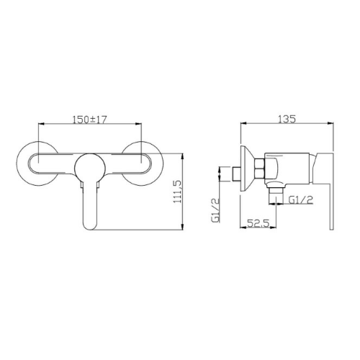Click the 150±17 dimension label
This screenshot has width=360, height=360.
click(89, 120)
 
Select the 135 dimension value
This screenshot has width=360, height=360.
click(287, 120)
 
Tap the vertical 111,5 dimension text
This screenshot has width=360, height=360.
click(178, 192)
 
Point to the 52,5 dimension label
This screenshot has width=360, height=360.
click(258, 224)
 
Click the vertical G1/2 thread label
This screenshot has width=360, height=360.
click(215, 210)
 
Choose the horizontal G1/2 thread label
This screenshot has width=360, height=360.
click(301, 199)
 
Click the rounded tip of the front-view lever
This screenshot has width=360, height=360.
click(90, 228)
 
